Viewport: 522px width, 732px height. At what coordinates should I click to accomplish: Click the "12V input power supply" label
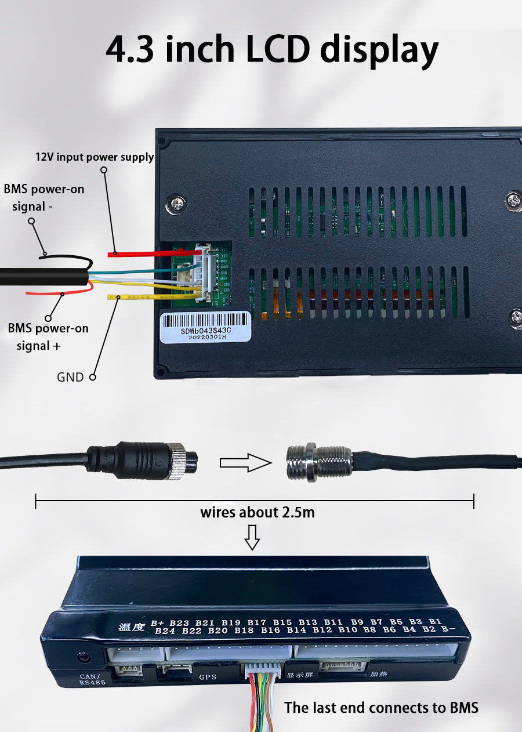pyautogui.click(x=95, y=157)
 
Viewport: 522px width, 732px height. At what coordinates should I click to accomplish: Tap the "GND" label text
pyautogui.click(x=70, y=377)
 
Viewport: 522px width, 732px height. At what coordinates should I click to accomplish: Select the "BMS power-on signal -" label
pyautogui.click(x=44, y=198)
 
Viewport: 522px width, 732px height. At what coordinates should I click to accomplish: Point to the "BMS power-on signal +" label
pyautogui.click(x=48, y=336)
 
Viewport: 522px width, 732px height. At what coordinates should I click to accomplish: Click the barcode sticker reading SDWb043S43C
pyautogui.click(x=205, y=327)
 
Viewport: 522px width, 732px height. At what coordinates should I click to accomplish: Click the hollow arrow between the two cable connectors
pyautogui.click(x=245, y=462)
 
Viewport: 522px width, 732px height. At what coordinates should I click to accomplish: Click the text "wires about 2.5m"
pyautogui.click(x=258, y=512)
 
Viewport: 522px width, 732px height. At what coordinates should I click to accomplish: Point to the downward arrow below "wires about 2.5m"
pyautogui.click(x=252, y=537)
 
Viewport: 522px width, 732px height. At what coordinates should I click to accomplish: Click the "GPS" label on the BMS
pyautogui.click(x=208, y=676)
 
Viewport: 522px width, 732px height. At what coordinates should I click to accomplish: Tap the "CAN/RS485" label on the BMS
pyautogui.click(x=90, y=679)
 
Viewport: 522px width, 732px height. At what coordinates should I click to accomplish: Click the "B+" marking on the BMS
pyautogui.click(x=157, y=623)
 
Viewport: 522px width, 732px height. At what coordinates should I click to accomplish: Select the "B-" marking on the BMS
pyautogui.click(x=448, y=629)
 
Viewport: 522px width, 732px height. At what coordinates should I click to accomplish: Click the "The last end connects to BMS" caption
pyautogui.click(x=381, y=708)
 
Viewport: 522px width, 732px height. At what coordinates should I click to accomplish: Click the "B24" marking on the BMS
pyautogui.click(x=165, y=631)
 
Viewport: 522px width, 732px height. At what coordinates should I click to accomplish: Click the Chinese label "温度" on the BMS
pyautogui.click(x=130, y=626)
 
